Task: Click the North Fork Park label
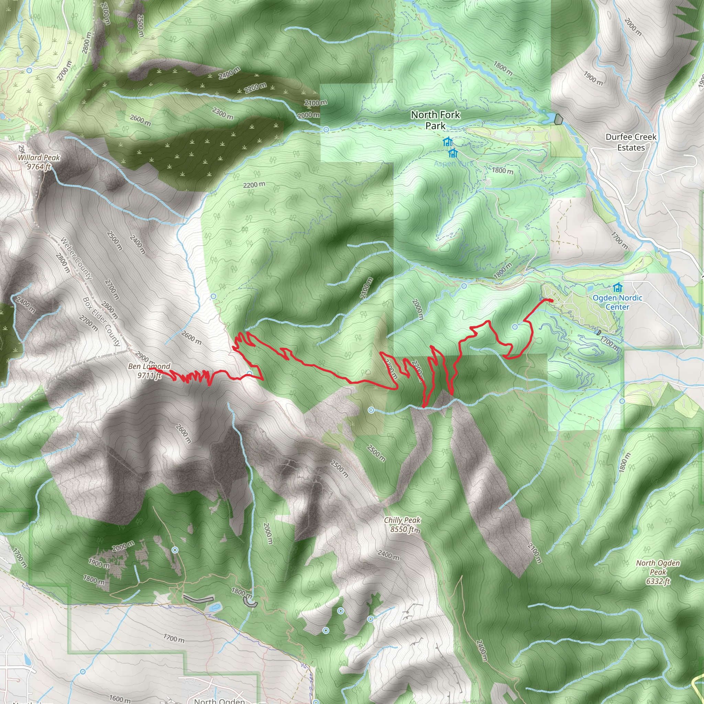tap(436, 120)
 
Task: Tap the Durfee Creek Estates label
tap(631, 142)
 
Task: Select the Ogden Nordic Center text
tap(617, 302)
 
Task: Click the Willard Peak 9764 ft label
tap(38, 162)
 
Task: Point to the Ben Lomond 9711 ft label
tap(149, 371)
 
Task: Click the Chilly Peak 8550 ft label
tap(402, 524)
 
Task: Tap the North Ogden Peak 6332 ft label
tap(658, 572)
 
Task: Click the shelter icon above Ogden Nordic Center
tap(617, 287)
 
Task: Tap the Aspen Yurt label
tap(453, 164)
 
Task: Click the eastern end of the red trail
tap(552, 300)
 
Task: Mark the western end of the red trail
tap(150, 368)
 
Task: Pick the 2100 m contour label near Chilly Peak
tap(535, 553)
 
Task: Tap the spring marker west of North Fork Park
tap(326, 130)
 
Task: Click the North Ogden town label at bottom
tap(219, 701)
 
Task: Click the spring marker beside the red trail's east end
tap(515, 327)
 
